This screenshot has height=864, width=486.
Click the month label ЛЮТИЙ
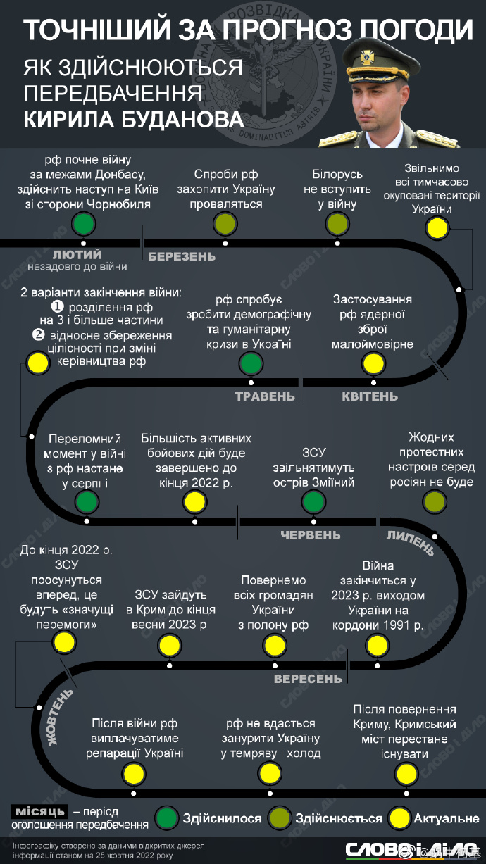(77, 255)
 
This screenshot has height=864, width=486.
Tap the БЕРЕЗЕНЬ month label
(182, 256)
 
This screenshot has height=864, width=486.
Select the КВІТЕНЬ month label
(370, 396)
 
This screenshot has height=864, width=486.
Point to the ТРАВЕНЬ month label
(265, 396)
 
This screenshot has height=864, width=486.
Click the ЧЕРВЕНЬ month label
(311, 535)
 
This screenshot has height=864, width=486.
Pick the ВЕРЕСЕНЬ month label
(308, 679)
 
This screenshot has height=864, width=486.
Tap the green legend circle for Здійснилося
(167, 818)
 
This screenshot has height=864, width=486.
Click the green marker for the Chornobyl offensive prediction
(84, 224)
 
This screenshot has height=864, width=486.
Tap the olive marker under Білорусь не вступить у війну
(337, 224)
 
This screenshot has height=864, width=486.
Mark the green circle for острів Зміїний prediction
(313, 502)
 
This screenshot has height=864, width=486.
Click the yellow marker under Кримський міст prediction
(406, 774)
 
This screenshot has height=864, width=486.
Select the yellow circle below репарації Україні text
(134, 774)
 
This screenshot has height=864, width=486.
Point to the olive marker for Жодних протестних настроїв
(435, 502)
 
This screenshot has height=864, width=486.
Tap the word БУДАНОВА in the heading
(182, 119)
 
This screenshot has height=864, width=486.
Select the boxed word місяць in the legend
(39, 812)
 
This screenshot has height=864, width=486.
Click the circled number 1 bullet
(58, 307)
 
